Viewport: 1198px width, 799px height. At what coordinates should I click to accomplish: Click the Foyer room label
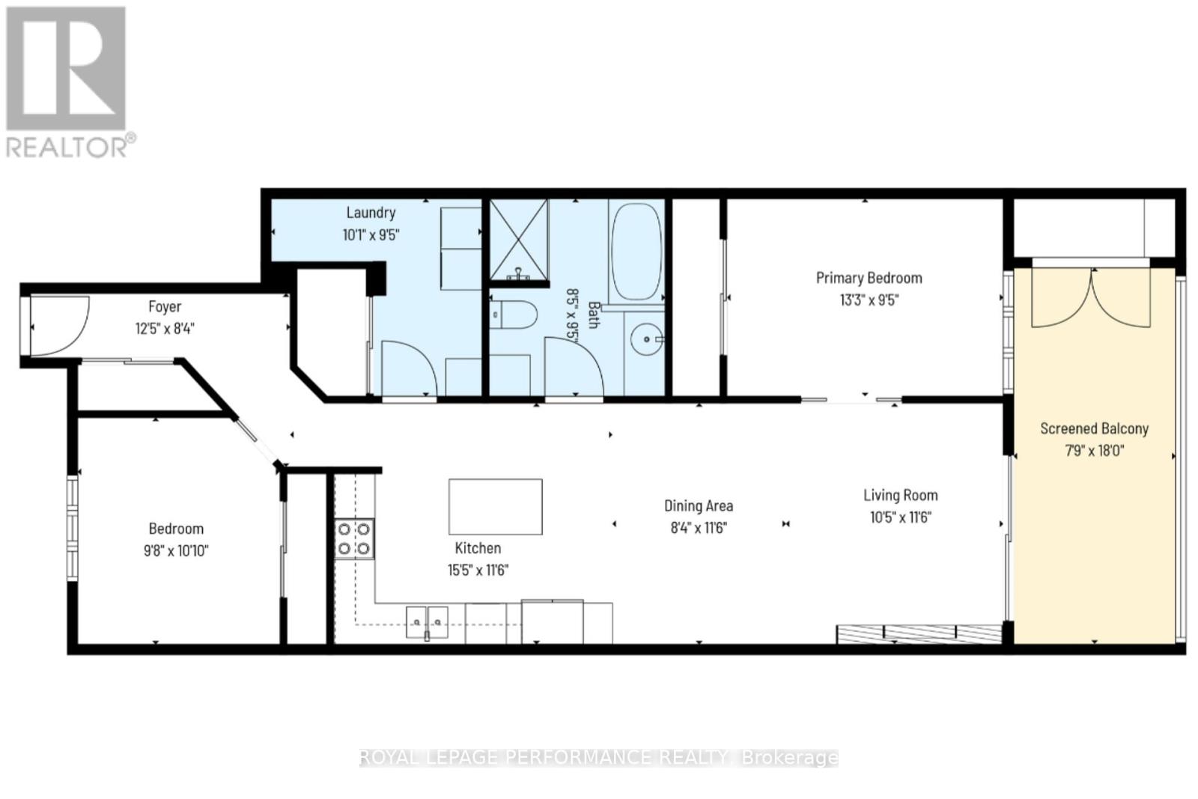[165, 306]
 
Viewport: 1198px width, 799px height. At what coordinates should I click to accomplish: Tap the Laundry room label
[371, 213]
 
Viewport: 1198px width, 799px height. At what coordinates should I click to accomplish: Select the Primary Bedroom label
[869, 278]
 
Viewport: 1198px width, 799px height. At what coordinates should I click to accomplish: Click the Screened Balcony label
[1094, 428]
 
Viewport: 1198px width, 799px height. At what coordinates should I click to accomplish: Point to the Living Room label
[900, 495]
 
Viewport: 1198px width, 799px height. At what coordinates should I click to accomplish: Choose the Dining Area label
[699, 505]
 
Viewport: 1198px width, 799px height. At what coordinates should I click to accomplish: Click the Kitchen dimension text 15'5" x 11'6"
[478, 570]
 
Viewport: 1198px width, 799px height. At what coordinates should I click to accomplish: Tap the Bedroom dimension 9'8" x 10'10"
[176, 551]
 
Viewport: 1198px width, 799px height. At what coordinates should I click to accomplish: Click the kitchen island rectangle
[495, 507]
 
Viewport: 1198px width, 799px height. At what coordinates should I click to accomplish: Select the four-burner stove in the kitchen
[354, 538]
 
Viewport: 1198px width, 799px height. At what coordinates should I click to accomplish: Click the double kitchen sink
[427, 621]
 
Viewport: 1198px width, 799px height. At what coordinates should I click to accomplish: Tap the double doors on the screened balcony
[1091, 297]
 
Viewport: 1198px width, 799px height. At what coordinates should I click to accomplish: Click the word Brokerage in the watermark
[789, 758]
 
